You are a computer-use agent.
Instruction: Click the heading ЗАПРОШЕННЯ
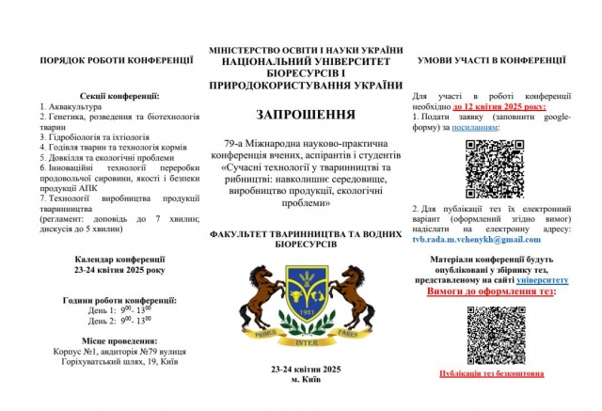tap(306, 115)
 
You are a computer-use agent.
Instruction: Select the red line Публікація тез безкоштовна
tap(491, 373)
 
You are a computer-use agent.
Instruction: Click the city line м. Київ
tap(305, 379)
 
